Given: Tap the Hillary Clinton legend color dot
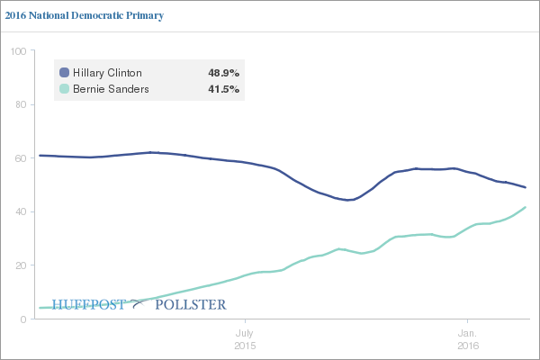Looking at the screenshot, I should pos(64,72).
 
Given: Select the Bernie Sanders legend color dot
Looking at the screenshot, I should pos(64,89).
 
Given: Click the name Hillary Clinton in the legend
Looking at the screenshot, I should pos(107,72).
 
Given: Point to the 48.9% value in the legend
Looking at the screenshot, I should pos(224,72).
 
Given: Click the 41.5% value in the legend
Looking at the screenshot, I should pos(224,89).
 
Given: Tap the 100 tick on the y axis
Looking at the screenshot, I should pos(17,50).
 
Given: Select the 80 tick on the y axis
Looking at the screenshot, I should pos(20,104).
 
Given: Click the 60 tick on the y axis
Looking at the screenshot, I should pos(20,158).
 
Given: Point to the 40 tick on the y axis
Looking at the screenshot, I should pos(20,211).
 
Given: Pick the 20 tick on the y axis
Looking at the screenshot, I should pos(20,265).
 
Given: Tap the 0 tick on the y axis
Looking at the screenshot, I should pos(22,319).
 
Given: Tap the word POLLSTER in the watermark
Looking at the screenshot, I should pos(190,304).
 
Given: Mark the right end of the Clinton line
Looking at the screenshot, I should pos(526,187).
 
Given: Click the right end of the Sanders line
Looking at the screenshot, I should pos(526,207).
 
